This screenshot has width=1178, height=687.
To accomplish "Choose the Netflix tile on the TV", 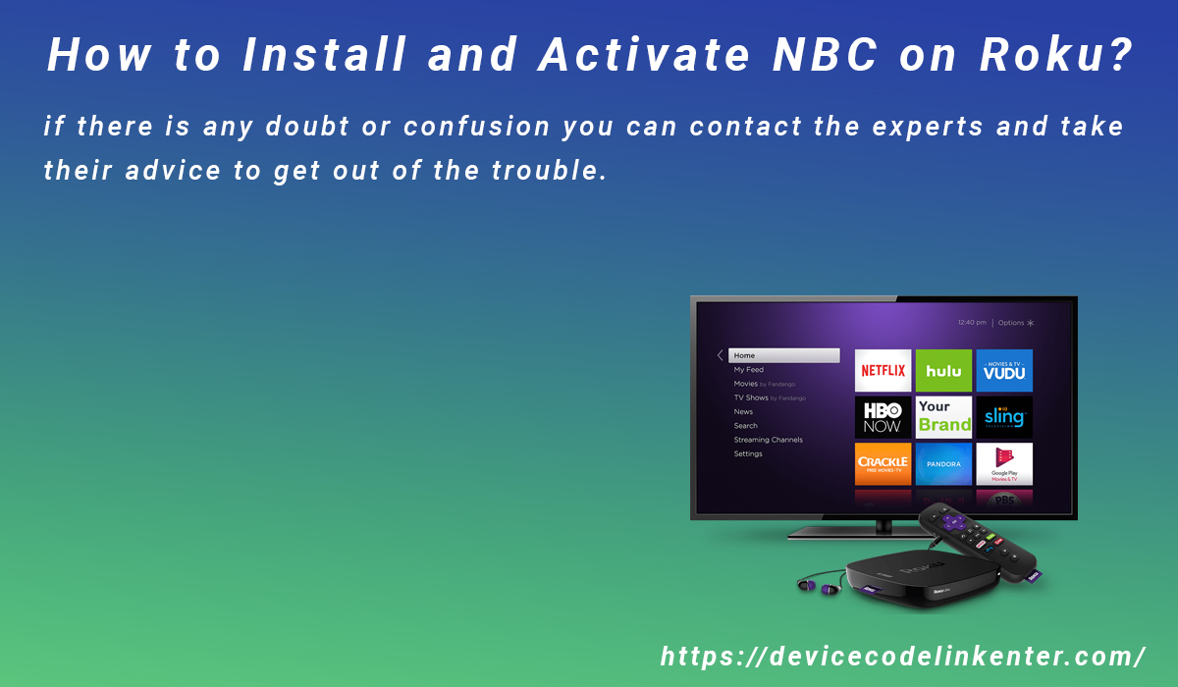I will click(883, 371).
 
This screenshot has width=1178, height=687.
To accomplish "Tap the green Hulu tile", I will click(943, 371).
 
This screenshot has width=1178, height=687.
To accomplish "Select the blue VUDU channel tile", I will click(1004, 371).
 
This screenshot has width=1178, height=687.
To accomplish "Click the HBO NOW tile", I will click(883, 417).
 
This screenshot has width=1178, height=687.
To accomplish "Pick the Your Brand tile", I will click(943, 417).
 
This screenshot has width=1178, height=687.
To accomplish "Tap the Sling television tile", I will click(1004, 417).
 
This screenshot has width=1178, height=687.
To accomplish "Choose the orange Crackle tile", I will click(883, 463).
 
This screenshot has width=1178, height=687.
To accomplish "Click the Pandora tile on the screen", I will click(943, 463).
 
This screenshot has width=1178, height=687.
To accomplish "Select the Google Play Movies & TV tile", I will click(1004, 463).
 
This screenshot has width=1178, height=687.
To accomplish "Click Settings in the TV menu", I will click(748, 453).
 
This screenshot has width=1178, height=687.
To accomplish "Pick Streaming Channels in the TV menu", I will click(768, 440).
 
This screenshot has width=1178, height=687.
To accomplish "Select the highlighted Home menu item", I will click(783, 355).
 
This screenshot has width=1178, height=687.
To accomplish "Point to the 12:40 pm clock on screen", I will click(972, 322).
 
